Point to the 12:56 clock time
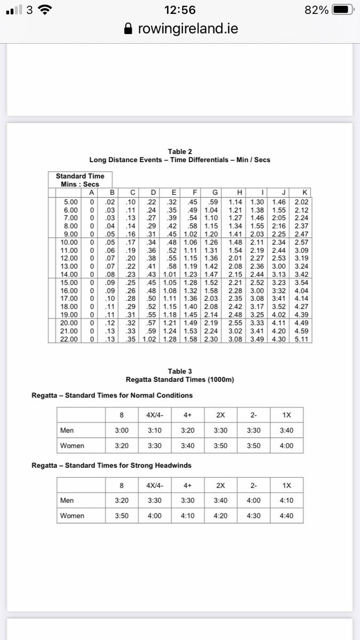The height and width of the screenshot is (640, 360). pos(180,10)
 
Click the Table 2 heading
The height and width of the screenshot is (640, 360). pos(179,151)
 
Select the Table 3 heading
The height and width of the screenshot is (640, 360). pos(179,371)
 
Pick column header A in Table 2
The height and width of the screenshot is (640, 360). pos(91,192)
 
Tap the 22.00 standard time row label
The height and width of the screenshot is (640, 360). pos(70,339)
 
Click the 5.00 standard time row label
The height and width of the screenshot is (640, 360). pos(70,202)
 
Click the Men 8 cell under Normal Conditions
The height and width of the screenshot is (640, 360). pos(122,430)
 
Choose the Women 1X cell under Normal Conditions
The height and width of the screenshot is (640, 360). pos(286,445)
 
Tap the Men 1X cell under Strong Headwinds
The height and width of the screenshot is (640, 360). pos(286,500)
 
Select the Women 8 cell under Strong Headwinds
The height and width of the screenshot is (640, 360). pos(122,516)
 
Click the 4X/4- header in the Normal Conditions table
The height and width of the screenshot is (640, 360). pos(155,415)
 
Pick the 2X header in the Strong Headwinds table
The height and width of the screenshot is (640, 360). pos(221,485)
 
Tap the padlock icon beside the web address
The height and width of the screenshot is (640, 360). pos(127,29)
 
